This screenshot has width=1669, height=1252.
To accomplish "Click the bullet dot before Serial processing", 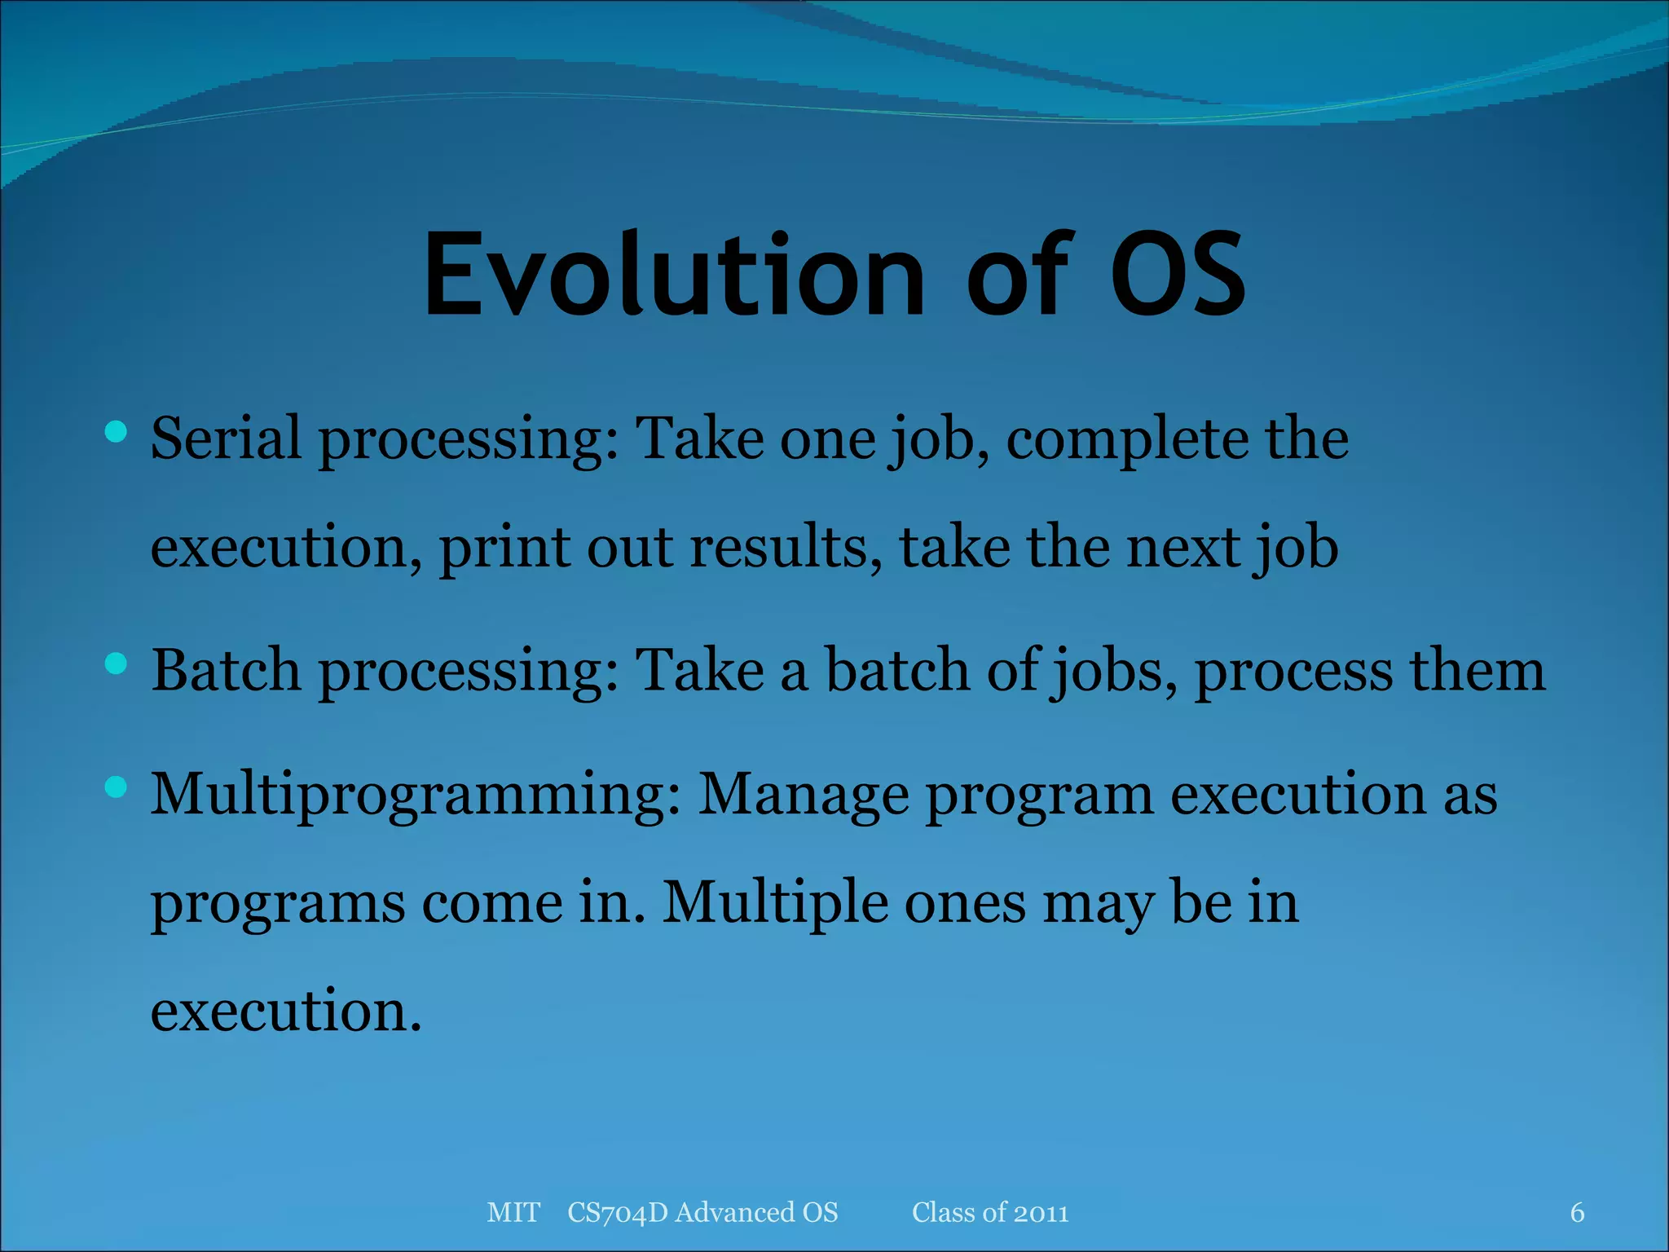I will point(117,431).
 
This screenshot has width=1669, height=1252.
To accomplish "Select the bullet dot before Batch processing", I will point(117,663).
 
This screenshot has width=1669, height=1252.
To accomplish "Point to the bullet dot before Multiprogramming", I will point(117,787).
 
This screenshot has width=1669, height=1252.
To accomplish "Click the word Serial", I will point(226,439).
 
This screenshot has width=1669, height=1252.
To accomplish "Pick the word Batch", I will point(226,670).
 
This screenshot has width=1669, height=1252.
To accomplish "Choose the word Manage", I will point(804,795).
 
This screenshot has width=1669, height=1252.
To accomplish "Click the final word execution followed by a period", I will point(285,1011).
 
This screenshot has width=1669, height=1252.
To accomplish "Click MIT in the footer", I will point(513,1212).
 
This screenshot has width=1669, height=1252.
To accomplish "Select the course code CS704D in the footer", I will point(617,1212).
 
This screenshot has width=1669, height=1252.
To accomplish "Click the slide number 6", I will point(1577,1212).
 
